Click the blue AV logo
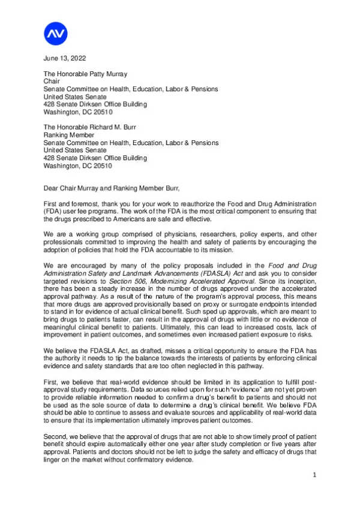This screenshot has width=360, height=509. [56, 34]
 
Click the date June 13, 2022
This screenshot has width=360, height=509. [65, 58]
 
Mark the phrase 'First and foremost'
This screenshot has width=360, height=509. [71, 204]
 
